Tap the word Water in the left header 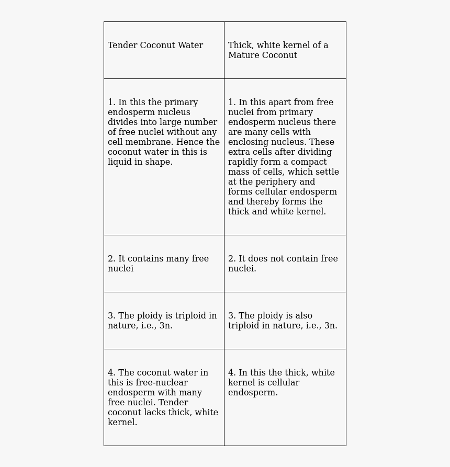190,45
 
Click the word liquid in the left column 119,162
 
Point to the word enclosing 248,142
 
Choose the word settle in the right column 327,172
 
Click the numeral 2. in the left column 111,259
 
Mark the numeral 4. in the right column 232,373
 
